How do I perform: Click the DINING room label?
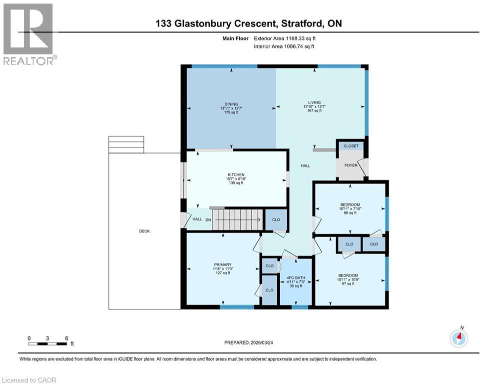click(231, 103)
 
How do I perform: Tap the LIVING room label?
click(314, 102)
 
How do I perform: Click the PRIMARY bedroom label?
click(222, 264)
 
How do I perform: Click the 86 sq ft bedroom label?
click(350, 204)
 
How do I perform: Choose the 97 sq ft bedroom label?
click(348, 275)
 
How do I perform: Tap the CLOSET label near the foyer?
click(351, 146)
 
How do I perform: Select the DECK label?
click(144, 231)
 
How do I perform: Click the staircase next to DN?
click(236, 219)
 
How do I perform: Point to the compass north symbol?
click(458, 338)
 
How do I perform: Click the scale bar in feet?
click(48, 343)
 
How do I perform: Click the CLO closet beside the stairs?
click(276, 219)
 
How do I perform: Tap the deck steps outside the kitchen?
click(126, 144)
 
